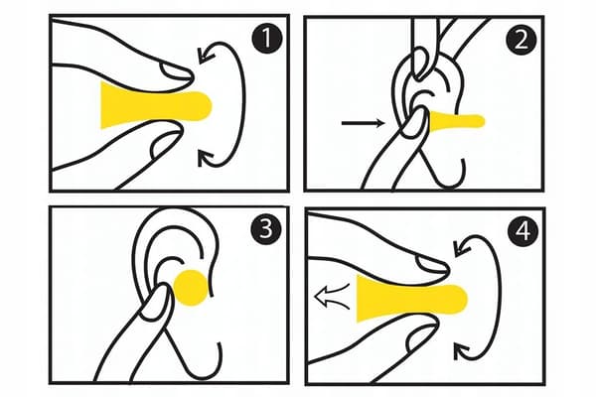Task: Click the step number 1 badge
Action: [x=267, y=39]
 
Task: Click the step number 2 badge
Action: [x=521, y=40]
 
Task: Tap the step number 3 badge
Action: [x=266, y=229]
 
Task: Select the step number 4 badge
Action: [x=524, y=230]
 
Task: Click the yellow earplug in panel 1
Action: [x=152, y=105]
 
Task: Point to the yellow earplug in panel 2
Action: [x=456, y=121]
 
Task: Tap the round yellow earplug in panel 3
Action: [x=191, y=288]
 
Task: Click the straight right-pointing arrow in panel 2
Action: [x=363, y=123]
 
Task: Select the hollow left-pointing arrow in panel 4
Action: [x=332, y=297]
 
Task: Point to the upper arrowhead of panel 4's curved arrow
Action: [x=462, y=248]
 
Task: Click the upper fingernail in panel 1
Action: [x=176, y=71]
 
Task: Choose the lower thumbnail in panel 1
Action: [x=165, y=144]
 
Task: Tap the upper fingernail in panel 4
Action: [x=432, y=264]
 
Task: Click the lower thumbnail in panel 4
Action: [x=421, y=337]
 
